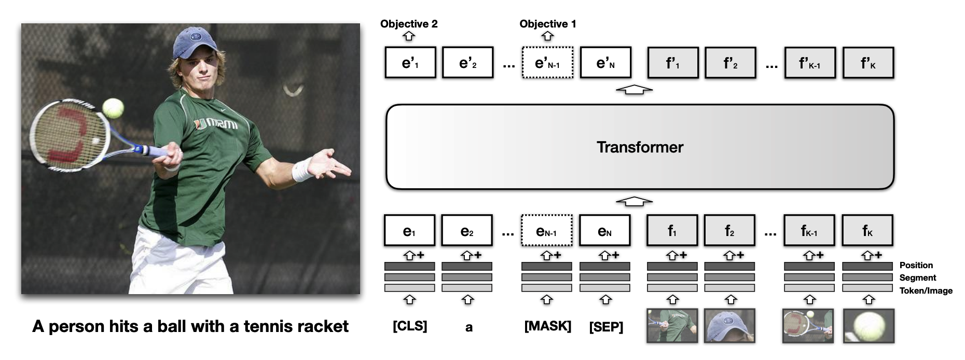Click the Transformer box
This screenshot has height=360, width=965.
click(x=640, y=147)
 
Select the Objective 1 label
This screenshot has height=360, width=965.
click(x=547, y=24)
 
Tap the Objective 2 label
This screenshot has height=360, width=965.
click(x=409, y=24)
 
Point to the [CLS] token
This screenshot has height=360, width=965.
click(x=410, y=326)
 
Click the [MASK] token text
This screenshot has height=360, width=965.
click(x=547, y=326)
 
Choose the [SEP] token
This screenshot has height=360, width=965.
click(x=606, y=327)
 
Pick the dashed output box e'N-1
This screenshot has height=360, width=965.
click(x=547, y=63)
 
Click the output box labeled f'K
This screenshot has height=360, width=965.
click(x=868, y=63)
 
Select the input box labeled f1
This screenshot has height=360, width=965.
click(x=672, y=230)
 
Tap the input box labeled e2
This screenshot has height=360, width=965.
click(x=467, y=230)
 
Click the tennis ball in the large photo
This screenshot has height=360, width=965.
click(x=113, y=108)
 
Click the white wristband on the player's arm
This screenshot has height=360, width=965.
click(x=301, y=170)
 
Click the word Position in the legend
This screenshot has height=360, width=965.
click(x=916, y=265)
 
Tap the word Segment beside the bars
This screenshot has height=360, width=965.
click(x=917, y=278)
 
